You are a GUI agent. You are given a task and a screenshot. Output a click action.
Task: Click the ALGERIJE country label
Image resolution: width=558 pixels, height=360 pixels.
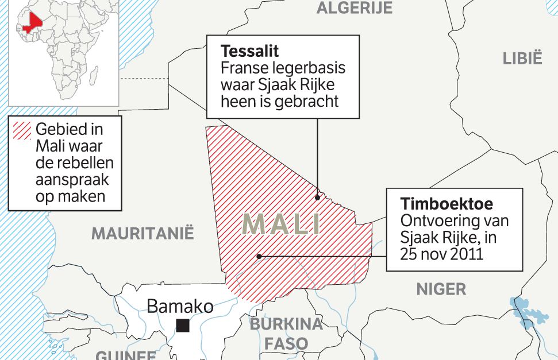coord(355,7)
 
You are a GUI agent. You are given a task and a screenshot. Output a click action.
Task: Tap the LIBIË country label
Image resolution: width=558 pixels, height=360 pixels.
coord(522,59)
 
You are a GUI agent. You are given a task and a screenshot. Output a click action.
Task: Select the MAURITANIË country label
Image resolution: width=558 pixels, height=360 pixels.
coord(143,234)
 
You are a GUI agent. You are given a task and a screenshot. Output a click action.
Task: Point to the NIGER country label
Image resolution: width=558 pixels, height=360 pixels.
coord(441,289)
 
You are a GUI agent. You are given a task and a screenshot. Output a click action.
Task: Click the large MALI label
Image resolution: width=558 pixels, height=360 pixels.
coord(282,224)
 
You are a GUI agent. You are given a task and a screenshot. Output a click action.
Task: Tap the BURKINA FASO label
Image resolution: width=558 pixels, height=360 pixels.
coord(286,334)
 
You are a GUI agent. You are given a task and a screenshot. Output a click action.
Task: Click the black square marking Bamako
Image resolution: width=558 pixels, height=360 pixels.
coord(183,326)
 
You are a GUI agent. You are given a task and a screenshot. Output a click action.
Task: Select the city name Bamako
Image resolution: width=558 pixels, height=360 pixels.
coord(180,306)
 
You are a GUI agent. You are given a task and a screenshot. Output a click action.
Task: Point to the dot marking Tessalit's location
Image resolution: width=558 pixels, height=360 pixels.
coord(317,198)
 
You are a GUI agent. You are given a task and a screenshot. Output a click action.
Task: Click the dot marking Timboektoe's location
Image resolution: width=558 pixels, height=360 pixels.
coord(259,256)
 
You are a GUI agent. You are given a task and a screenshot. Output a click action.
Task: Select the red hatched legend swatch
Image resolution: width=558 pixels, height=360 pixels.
coord(22,131)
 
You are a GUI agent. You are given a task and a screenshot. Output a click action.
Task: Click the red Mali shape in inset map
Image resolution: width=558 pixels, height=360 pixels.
coord(32,22)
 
